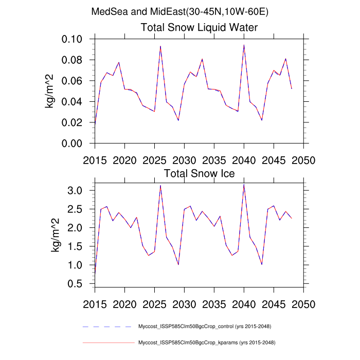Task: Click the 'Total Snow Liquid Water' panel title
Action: click(x=199, y=27)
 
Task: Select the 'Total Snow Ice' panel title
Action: click(x=199, y=174)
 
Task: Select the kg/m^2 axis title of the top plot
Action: click(x=52, y=91)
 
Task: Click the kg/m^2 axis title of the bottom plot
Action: click(x=56, y=235)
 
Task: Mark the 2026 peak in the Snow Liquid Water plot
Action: click(x=160, y=46)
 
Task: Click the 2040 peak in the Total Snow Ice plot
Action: click(x=244, y=185)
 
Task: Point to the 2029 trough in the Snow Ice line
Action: click(x=178, y=264)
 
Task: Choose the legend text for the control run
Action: click(x=205, y=327)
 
